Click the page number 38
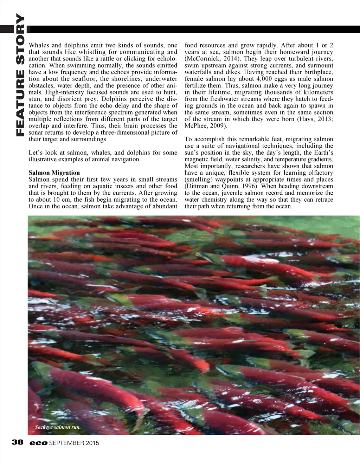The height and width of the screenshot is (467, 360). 18,442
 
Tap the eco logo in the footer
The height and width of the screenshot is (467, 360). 38,443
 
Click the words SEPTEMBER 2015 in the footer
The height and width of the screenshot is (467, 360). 74,443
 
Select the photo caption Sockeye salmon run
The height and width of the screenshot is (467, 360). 58,427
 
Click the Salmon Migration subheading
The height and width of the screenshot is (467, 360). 54,173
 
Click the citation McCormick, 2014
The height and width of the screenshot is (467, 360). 212,59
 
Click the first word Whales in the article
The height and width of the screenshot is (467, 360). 39,45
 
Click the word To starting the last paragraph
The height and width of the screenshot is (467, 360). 188,139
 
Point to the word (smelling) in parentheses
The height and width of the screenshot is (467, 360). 198,180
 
